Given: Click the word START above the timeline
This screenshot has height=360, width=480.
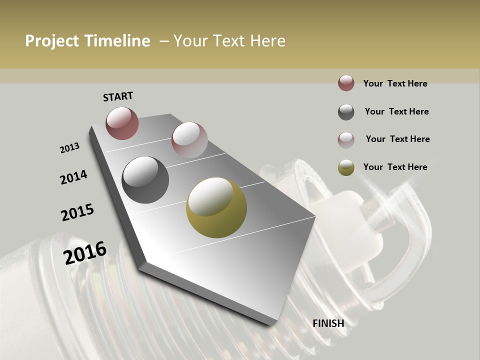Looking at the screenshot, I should (118, 96).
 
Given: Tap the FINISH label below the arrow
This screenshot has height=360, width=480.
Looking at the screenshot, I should (328, 323).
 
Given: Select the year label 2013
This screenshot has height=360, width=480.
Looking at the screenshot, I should (70, 148).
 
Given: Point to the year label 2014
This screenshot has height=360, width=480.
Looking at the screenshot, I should (73, 177).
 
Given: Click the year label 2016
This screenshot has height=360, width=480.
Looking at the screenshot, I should (85, 252).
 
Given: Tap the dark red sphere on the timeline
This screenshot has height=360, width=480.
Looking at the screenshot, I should (122, 123).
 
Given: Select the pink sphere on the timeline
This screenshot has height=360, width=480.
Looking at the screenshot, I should (189, 139).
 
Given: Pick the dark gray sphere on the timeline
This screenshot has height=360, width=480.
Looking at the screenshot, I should (145, 179).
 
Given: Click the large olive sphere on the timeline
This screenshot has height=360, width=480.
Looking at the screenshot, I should (216, 207).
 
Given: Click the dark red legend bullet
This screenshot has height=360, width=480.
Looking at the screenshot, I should (346, 83).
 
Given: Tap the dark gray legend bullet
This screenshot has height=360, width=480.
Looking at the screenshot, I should (346, 112).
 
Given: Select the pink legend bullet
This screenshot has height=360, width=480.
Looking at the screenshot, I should (346, 139).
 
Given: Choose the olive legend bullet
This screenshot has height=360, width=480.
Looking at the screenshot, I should (346, 167).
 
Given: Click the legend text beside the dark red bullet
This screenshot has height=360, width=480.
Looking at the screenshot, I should (395, 83).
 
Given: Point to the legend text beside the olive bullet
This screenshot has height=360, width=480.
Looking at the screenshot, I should (395, 167).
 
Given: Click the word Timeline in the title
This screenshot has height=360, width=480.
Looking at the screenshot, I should (117, 41).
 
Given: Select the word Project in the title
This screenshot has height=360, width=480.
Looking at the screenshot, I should (51, 41).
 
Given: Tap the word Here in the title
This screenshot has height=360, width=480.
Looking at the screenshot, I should (267, 41).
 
